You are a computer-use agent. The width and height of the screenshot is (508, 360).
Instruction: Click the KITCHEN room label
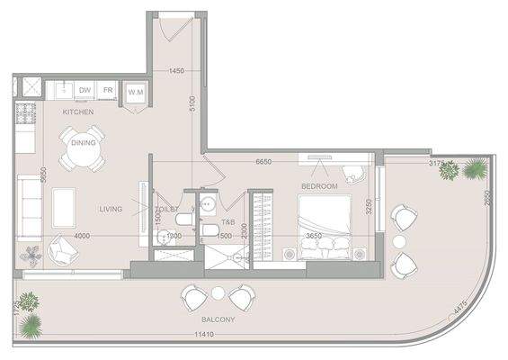79,112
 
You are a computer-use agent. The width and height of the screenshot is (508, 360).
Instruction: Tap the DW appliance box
85,90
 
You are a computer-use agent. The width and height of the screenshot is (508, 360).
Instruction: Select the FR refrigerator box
107,90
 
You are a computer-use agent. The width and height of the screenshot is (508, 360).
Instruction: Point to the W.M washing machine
136,92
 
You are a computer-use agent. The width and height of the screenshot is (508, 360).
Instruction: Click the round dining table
83,154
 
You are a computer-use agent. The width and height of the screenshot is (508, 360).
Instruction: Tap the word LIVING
111,210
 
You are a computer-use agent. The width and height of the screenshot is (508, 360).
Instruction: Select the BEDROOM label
318,186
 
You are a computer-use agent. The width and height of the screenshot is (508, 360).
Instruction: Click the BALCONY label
219,319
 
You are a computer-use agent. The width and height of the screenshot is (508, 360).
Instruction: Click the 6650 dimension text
263,162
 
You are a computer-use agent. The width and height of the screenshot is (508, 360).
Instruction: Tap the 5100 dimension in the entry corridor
192,103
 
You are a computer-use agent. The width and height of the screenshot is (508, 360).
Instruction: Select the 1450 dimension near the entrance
176,71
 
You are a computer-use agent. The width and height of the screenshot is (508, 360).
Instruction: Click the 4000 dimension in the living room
82,236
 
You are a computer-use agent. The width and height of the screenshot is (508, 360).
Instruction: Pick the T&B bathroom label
228,222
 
